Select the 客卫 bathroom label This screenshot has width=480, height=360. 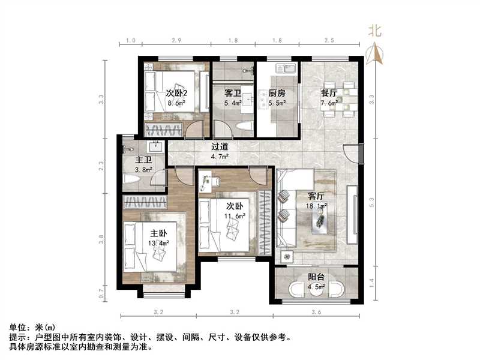click(233, 94)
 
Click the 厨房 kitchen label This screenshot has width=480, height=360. click(277, 94)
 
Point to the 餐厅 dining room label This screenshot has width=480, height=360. click(329, 94)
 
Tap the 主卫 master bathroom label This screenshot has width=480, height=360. click(143, 160)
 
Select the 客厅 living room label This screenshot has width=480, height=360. click(316, 196)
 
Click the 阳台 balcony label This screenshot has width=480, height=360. click(316, 277)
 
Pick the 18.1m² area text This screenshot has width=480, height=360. click(317, 206)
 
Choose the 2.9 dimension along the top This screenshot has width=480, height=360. click(177, 40)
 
